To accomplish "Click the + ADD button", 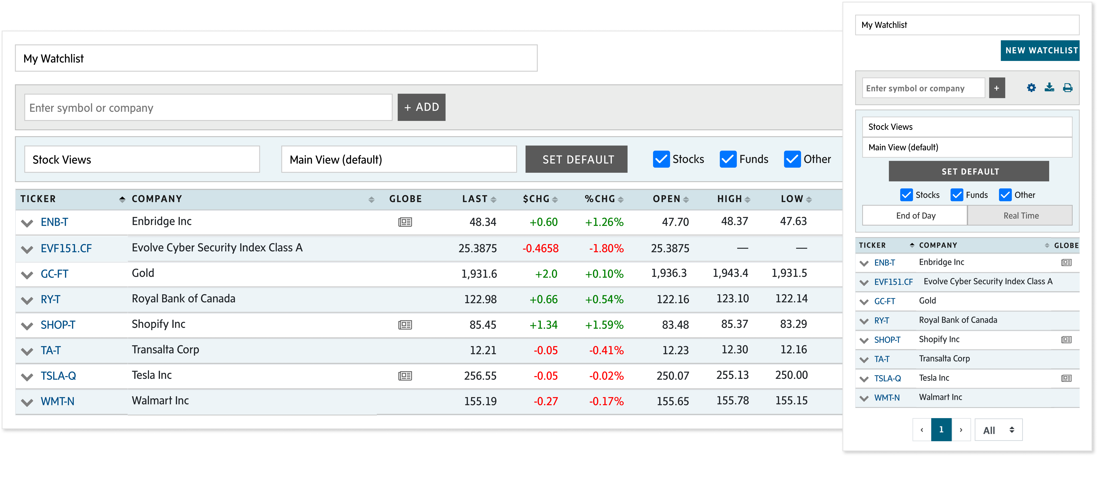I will [421, 107].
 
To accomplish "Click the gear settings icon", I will [1031, 88].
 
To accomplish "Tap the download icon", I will [1049, 88].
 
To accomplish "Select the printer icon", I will [1068, 88].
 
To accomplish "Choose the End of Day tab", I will [916, 215].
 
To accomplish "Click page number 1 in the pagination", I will [941, 430].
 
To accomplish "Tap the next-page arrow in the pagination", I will [961, 430].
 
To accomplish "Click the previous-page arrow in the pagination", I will [922, 430].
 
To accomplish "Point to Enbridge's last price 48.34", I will [483, 222].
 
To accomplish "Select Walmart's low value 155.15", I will [791, 400].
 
